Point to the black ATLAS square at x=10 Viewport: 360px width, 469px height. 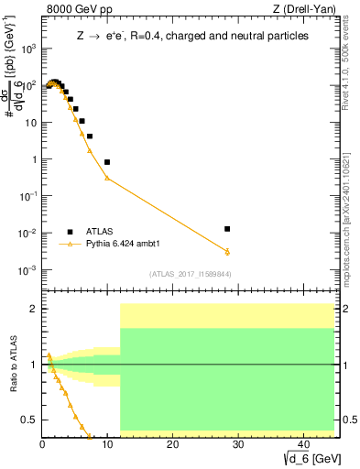[x=107, y=162]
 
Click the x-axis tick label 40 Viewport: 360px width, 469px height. [x=301, y=443]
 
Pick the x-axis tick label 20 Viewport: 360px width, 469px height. [x=171, y=443]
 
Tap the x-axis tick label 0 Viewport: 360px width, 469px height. [x=42, y=443]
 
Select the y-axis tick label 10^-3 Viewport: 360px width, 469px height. [x=27, y=269]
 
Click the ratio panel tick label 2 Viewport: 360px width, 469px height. [x=32, y=309]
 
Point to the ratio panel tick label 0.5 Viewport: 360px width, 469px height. [x=27, y=420]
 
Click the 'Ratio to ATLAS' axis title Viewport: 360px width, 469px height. [x=12, y=365]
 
